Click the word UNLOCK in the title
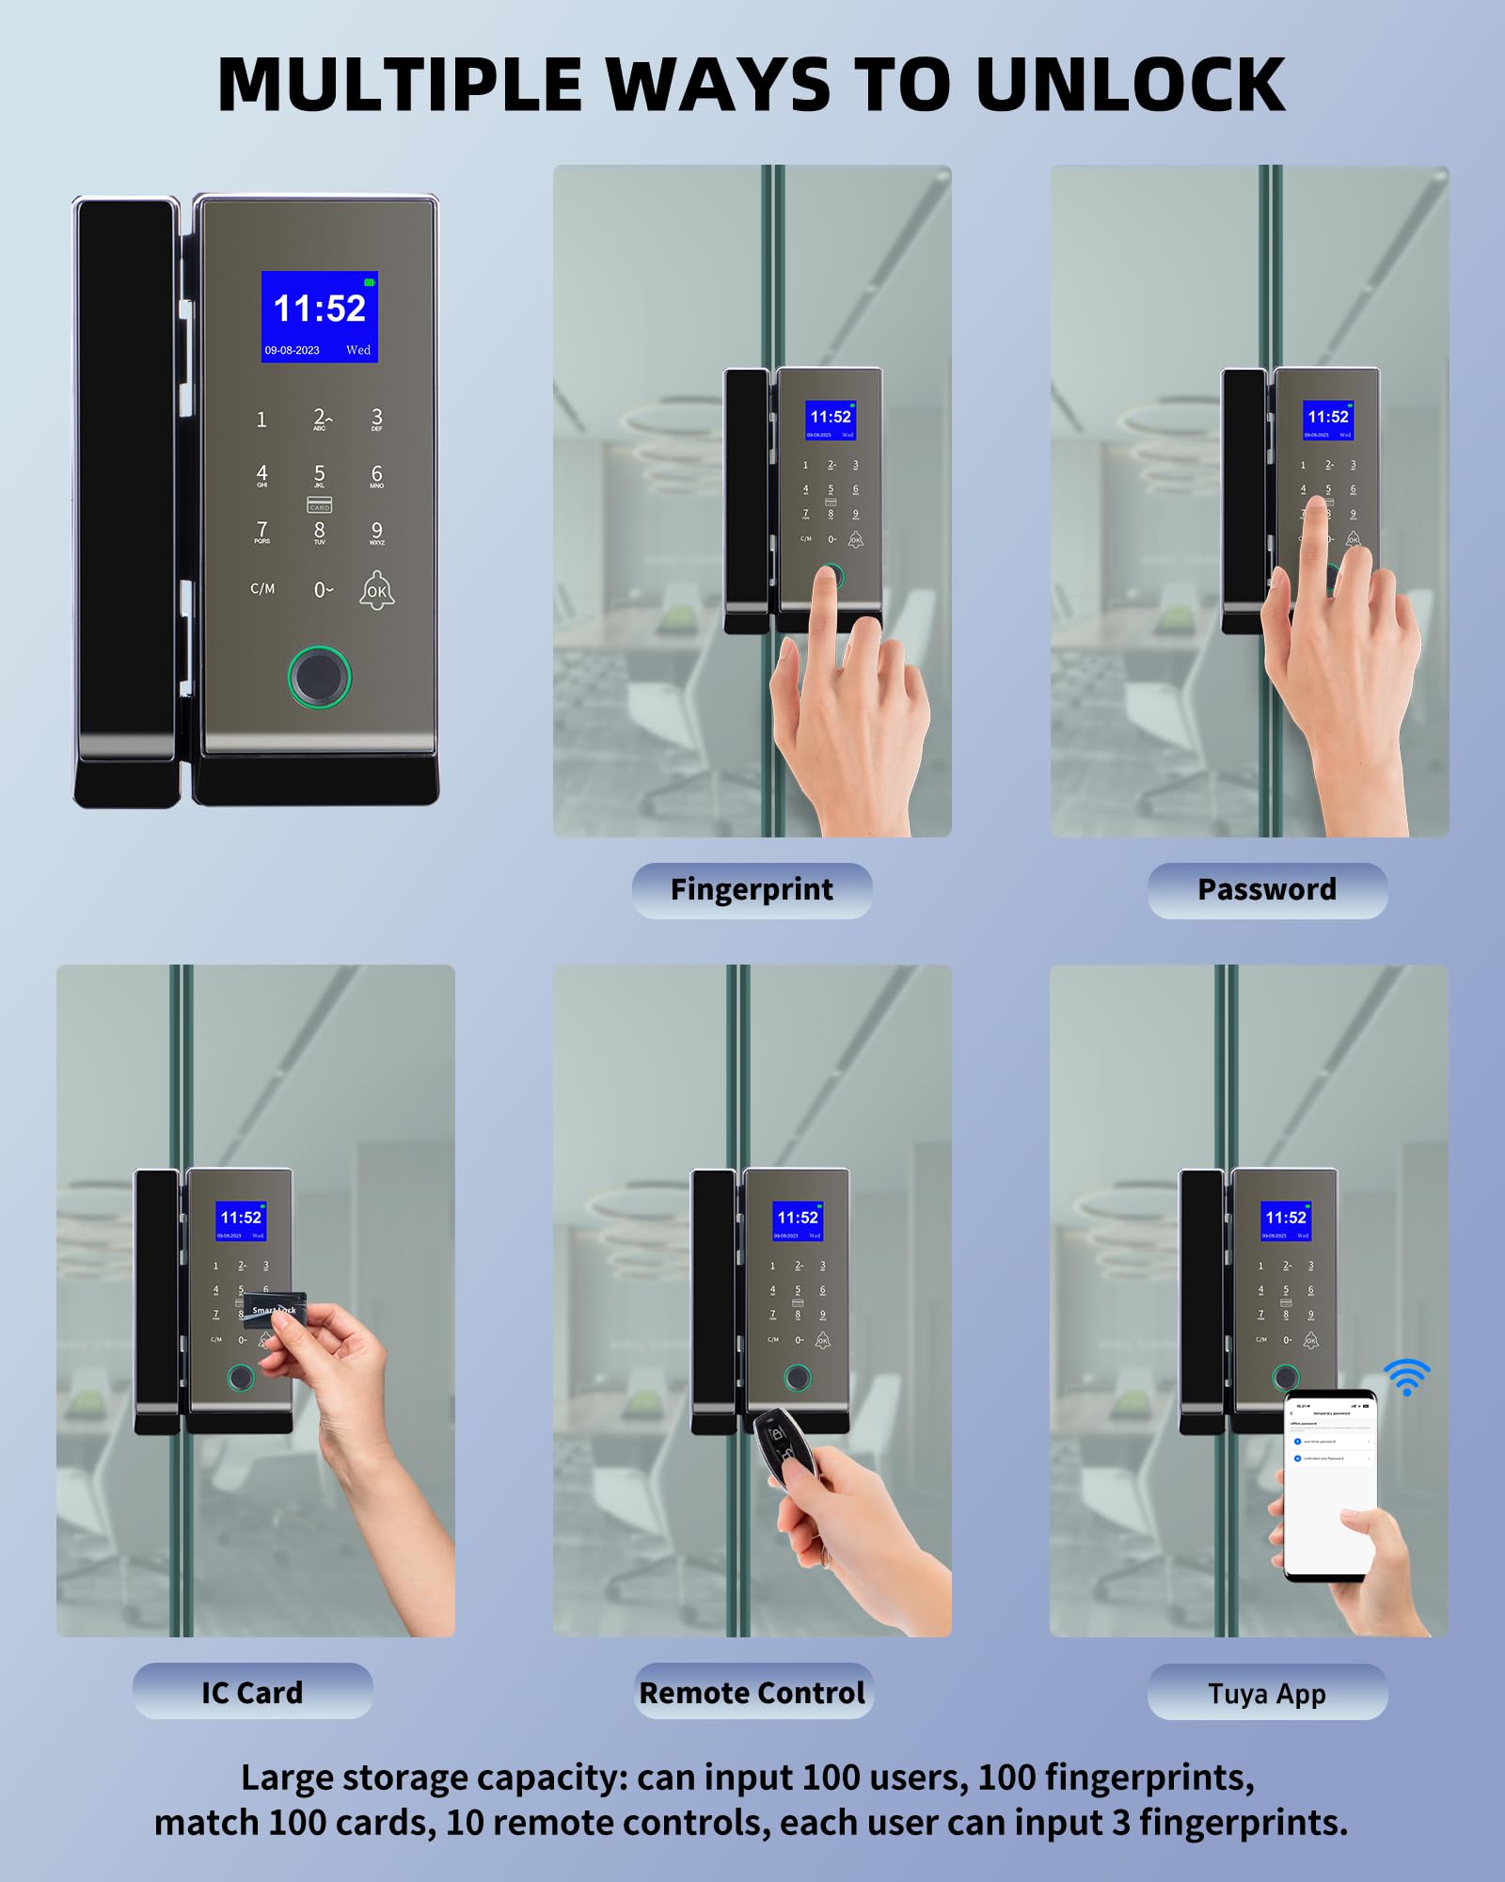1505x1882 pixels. pos(1129,85)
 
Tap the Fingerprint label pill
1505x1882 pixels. pos(752,890)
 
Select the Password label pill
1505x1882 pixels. pos(1267,890)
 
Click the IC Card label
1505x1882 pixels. pos(252,1692)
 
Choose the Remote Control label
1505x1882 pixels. pos(752,1692)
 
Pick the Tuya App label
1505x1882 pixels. pos(1267,1694)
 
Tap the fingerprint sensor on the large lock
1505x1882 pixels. pos(319,676)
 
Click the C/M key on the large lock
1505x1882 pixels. pos(262,589)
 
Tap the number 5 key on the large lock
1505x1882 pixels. pos(320,475)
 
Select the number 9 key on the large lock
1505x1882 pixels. pos(376,532)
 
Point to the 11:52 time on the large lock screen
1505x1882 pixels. pos(319,309)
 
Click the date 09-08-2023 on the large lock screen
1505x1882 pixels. pos(292,350)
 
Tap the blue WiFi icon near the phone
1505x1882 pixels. pos(1407,1377)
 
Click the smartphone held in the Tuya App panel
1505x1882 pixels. pos(1330,1487)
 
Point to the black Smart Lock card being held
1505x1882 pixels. pos(275,1309)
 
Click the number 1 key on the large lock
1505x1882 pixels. pos(261,420)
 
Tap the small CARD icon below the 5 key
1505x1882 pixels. pos(319,506)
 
